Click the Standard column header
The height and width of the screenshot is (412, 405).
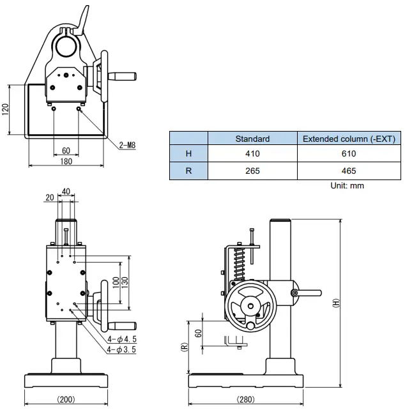pyautogui.click(x=252, y=139)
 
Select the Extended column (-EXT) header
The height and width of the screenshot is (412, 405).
pyautogui.click(x=349, y=139)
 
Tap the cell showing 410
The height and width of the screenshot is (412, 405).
pyautogui.click(x=252, y=154)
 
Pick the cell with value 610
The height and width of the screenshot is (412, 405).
pyautogui.click(x=349, y=154)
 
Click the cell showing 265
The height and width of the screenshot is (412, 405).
pyautogui.click(x=252, y=171)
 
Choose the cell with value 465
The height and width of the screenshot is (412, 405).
pyautogui.click(x=349, y=171)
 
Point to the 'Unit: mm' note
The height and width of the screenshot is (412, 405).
pyautogui.click(x=347, y=186)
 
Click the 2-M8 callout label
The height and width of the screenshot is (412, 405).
pyautogui.click(x=127, y=145)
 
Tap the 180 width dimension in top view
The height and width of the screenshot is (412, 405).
pyautogui.click(x=66, y=162)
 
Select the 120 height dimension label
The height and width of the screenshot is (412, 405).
pyautogui.click(x=6, y=109)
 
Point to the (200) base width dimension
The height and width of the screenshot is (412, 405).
pyautogui.click(x=66, y=400)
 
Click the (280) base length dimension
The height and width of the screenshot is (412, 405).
pyautogui.click(x=245, y=400)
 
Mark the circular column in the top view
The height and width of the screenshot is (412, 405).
pyautogui.click(x=66, y=46)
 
